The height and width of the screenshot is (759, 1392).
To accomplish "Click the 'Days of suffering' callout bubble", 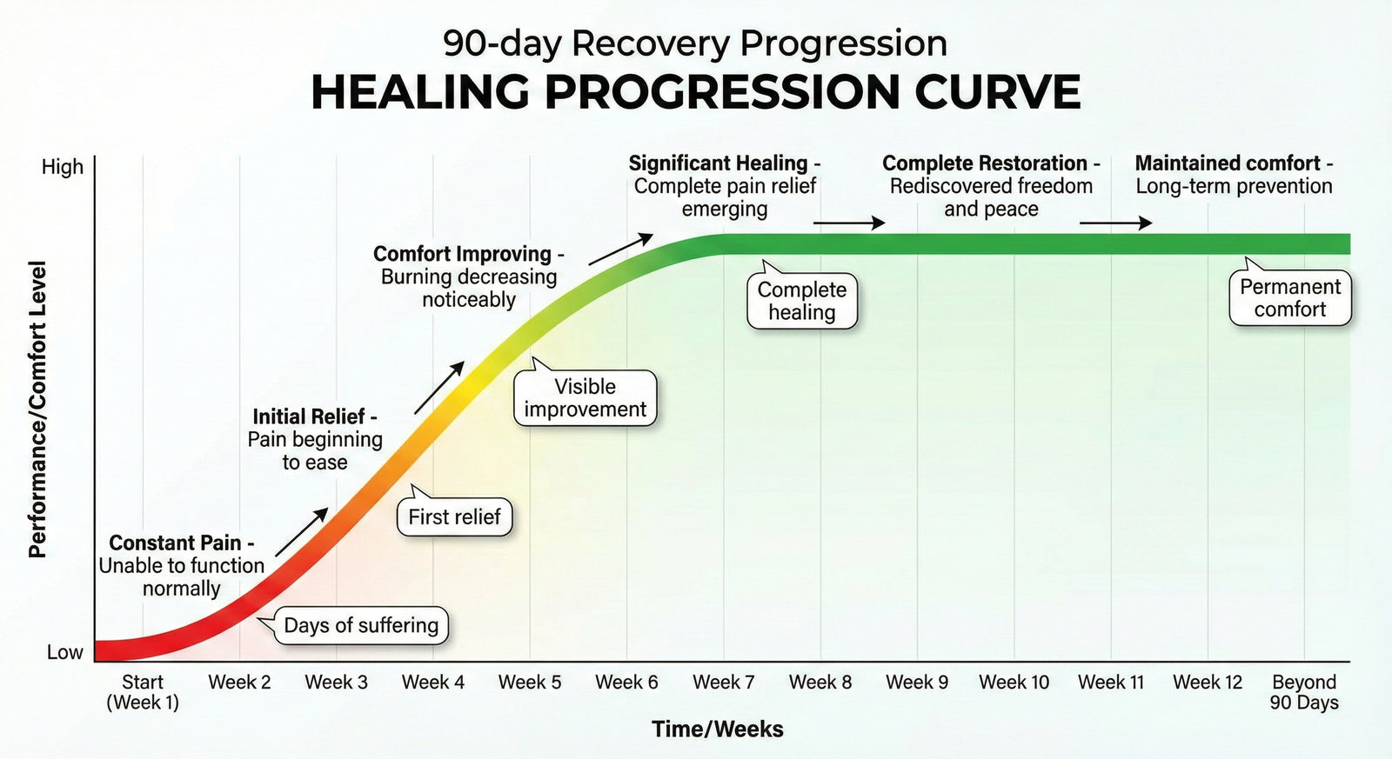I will click(x=361, y=626).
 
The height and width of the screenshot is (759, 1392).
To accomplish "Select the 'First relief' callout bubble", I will click(x=454, y=517).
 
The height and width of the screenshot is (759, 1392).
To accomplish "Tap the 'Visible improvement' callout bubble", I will click(x=585, y=398).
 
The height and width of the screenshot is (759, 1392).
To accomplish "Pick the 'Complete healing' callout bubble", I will click(x=802, y=301).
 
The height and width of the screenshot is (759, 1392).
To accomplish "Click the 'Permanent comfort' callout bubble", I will click(x=1290, y=298).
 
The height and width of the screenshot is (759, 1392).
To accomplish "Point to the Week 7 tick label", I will click(x=723, y=682).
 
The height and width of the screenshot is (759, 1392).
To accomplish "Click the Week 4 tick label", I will click(x=432, y=682).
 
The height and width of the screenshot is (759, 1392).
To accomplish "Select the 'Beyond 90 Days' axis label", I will click(x=1303, y=692).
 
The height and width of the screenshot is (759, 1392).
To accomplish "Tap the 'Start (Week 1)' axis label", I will click(x=143, y=692).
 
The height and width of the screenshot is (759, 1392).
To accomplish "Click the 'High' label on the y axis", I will click(x=63, y=167).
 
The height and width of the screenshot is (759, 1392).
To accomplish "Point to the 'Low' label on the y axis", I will click(x=64, y=652).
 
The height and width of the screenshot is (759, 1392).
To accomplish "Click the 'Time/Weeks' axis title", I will click(x=718, y=729).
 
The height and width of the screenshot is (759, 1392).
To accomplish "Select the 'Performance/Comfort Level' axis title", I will click(x=37, y=409).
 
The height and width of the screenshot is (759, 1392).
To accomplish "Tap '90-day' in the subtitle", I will click(x=502, y=43).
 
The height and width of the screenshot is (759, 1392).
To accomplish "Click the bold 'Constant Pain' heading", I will click(x=175, y=543).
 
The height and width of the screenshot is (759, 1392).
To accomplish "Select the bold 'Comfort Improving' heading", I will click(x=462, y=254).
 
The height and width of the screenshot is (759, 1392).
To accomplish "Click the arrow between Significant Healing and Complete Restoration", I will click(x=848, y=223).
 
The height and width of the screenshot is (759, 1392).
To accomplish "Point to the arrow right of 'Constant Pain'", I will click(x=301, y=532).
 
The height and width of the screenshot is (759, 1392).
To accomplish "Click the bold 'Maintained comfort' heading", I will click(x=1228, y=163).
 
